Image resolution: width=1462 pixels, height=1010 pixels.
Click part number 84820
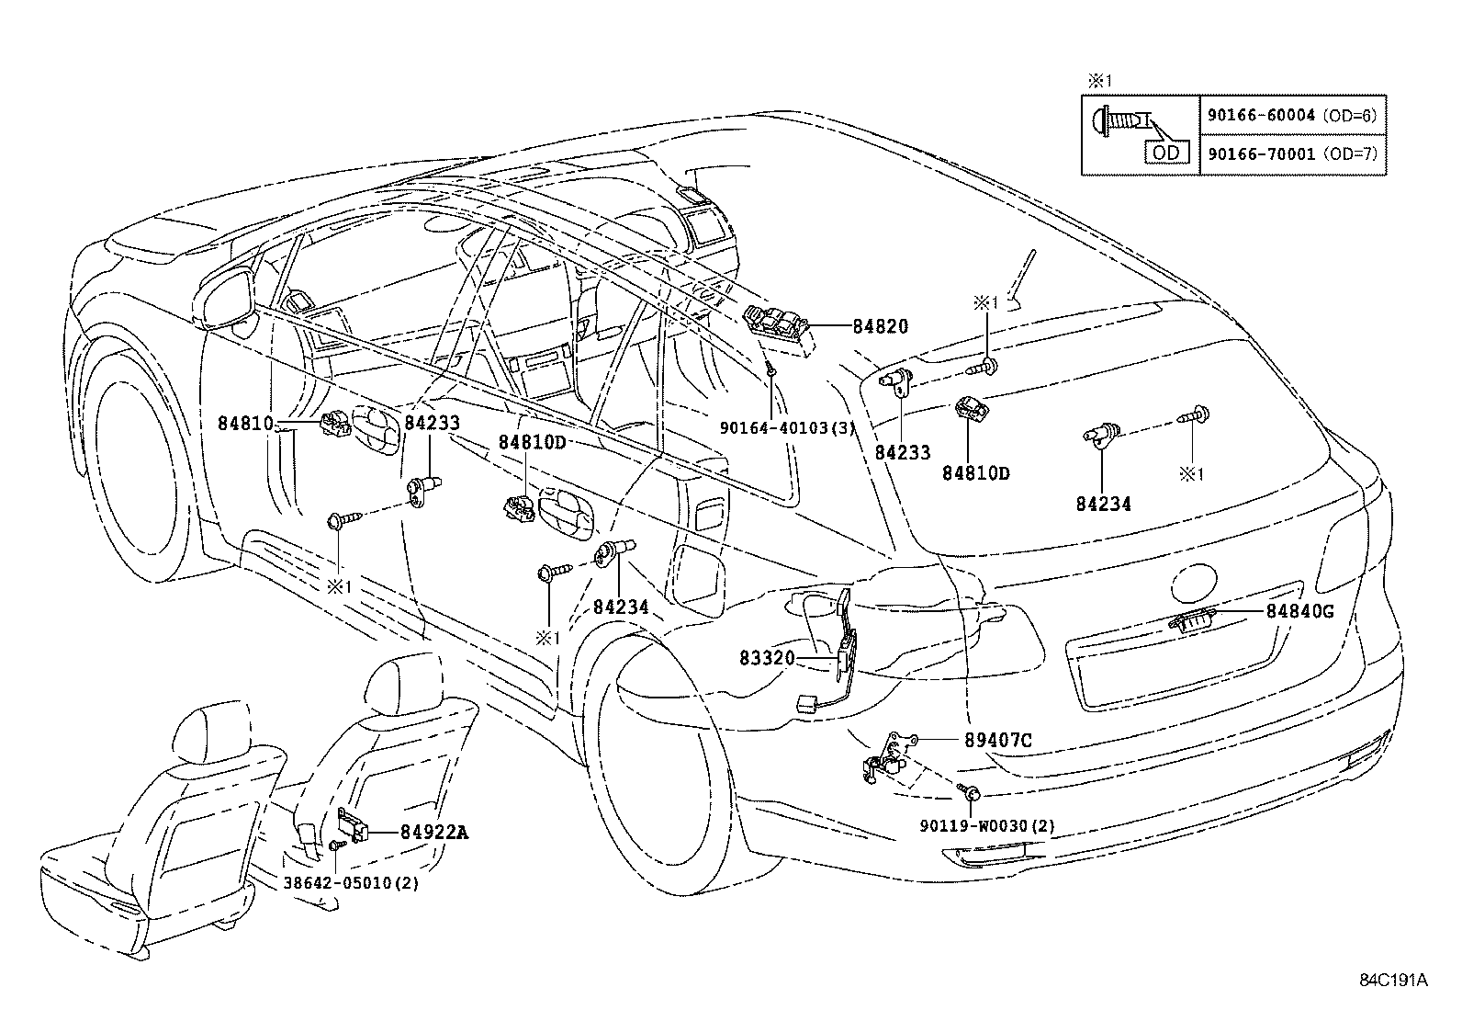881,326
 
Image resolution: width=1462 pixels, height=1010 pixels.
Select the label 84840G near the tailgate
1300,611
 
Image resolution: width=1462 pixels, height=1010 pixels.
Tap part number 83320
767,658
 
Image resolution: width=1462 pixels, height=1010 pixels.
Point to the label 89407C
998,740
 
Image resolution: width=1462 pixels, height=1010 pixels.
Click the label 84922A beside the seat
434,833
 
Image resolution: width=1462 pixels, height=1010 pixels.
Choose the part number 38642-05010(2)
351,883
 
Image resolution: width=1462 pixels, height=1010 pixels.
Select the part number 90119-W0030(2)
987,826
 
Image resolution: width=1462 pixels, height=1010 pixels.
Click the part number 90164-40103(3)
787,428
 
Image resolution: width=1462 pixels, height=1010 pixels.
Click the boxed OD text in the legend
1166,153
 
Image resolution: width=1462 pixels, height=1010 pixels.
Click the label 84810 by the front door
245,424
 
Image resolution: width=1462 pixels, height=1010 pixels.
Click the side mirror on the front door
224,301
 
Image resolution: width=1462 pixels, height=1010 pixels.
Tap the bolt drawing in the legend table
1121,122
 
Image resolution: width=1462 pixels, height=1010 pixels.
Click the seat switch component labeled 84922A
353,825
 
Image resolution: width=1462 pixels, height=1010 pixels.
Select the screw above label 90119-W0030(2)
970,792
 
